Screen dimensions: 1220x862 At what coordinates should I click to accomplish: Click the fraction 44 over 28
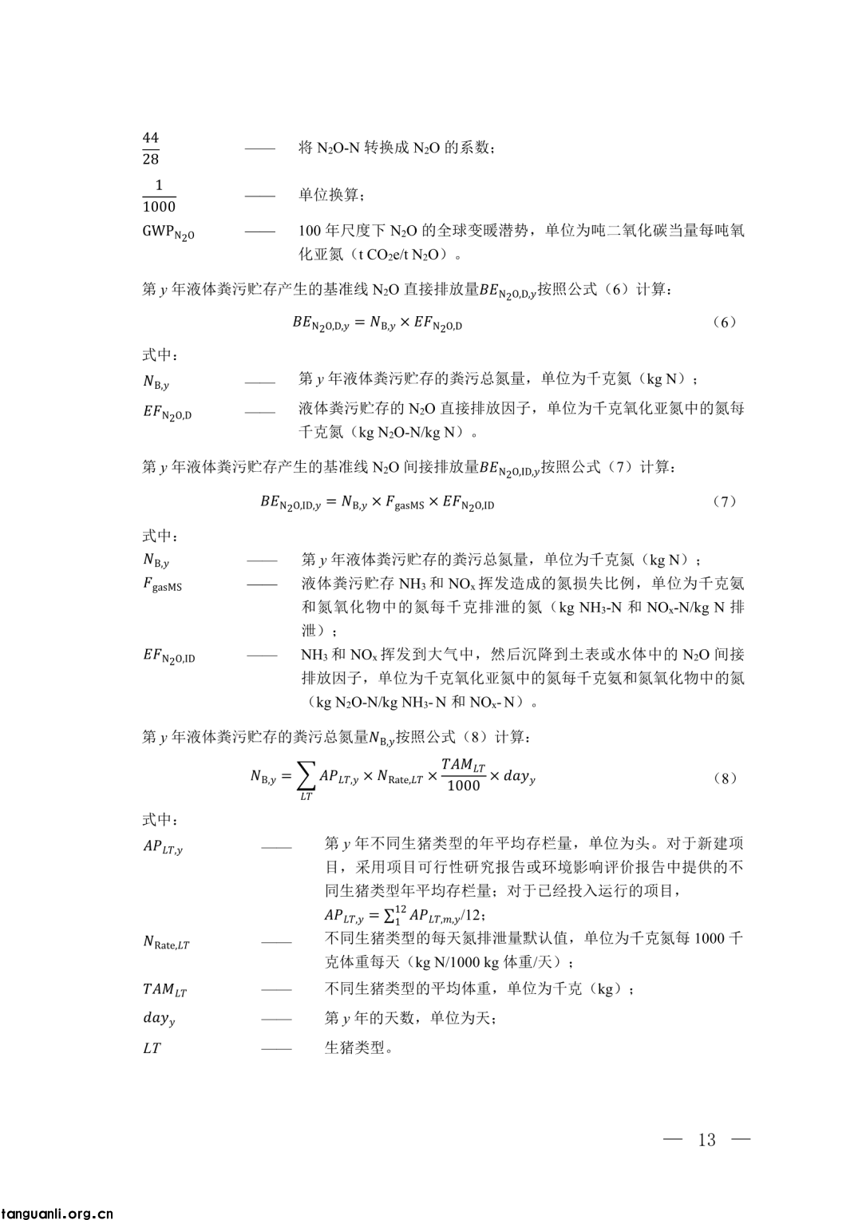(151, 149)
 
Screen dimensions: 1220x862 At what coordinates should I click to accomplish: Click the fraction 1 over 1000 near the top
(159, 196)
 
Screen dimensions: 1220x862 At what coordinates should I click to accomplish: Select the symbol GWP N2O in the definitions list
(168, 232)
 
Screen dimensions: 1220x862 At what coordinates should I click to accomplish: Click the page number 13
(707, 1139)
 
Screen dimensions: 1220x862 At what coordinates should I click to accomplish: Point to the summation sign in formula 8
(306, 774)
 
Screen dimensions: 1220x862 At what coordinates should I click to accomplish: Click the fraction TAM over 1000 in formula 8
(463, 774)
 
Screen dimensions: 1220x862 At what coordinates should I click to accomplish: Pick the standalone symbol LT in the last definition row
(152, 1048)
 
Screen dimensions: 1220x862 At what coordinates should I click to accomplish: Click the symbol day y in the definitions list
(159, 1019)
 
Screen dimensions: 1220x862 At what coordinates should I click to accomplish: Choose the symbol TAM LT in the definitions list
(164, 990)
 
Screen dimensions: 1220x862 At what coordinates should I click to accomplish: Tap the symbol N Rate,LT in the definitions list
(166, 943)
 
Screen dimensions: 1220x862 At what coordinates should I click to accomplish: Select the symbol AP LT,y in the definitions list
(163, 847)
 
